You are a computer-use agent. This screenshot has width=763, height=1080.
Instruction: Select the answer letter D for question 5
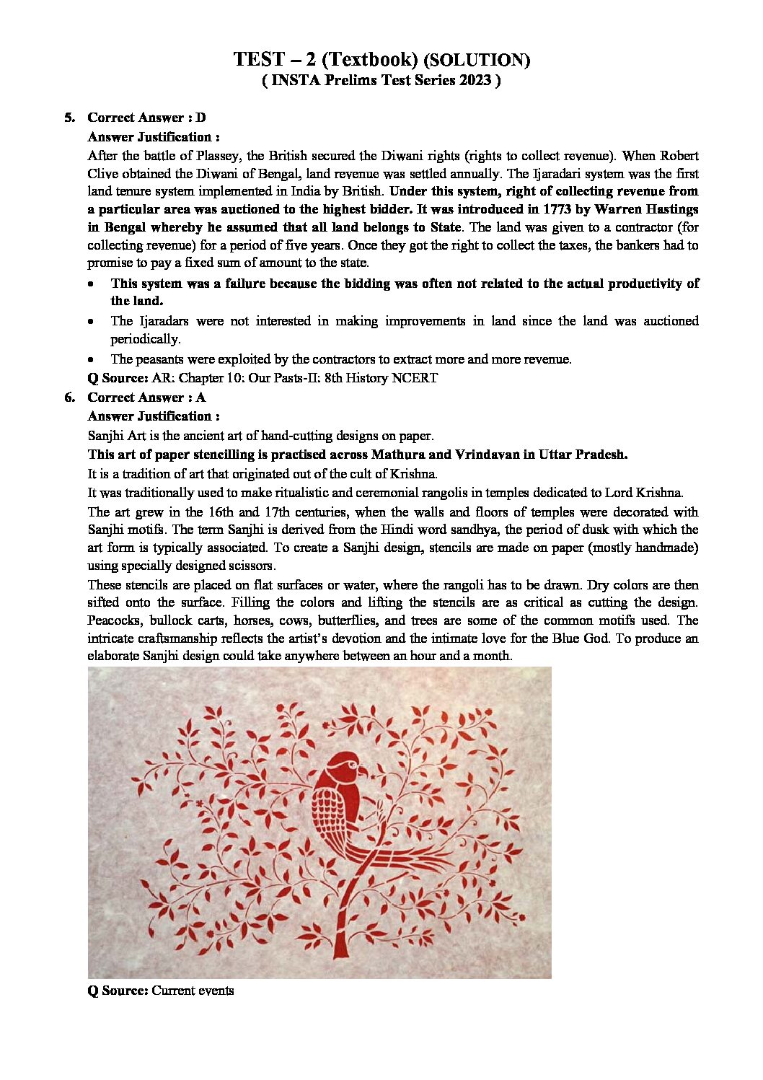click(200, 118)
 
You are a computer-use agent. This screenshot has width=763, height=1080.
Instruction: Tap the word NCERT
click(414, 378)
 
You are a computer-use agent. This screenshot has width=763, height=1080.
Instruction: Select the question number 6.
click(69, 398)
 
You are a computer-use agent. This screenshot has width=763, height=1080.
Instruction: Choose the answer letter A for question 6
click(200, 398)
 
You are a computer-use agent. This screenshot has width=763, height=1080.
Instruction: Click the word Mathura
click(397, 455)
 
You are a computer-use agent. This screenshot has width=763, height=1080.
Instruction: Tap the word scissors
click(250, 566)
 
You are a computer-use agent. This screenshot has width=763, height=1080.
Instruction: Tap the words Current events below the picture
click(193, 991)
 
